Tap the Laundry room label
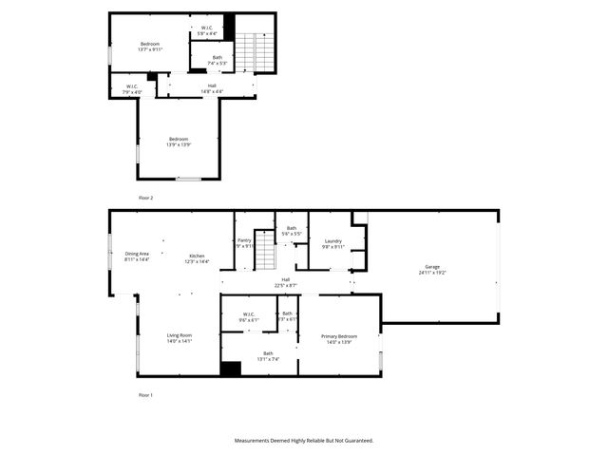(332, 243)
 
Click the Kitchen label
(197, 257)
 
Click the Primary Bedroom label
(339, 338)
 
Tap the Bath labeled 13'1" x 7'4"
(268, 356)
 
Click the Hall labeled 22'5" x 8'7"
(286, 282)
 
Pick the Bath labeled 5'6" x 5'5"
(292, 230)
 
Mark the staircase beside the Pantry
(265, 255)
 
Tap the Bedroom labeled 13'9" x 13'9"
(180, 142)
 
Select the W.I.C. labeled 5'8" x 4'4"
(207, 30)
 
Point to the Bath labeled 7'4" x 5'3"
(217, 60)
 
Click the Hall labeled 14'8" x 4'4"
(212, 87)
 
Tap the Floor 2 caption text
(145, 198)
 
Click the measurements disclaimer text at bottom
(304, 441)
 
